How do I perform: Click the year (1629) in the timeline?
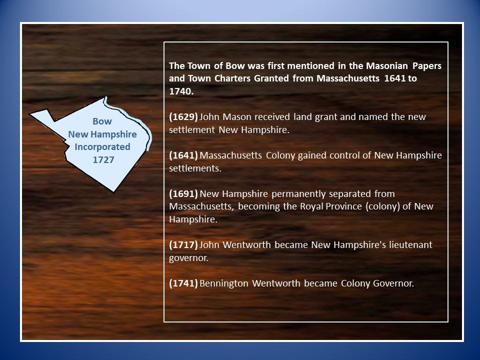tap(183, 117)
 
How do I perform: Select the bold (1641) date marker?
tap(183, 155)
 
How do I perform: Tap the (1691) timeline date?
tap(183, 194)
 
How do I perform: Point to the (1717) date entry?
tap(183, 245)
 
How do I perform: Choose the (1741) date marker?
tap(183, 283)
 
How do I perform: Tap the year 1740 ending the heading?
tap(179, 92)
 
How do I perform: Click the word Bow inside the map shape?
tap(102, 121)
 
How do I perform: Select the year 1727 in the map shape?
tap(103, 159)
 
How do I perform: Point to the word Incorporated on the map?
tap(102, 147)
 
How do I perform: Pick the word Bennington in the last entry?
tap(224, 283)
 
